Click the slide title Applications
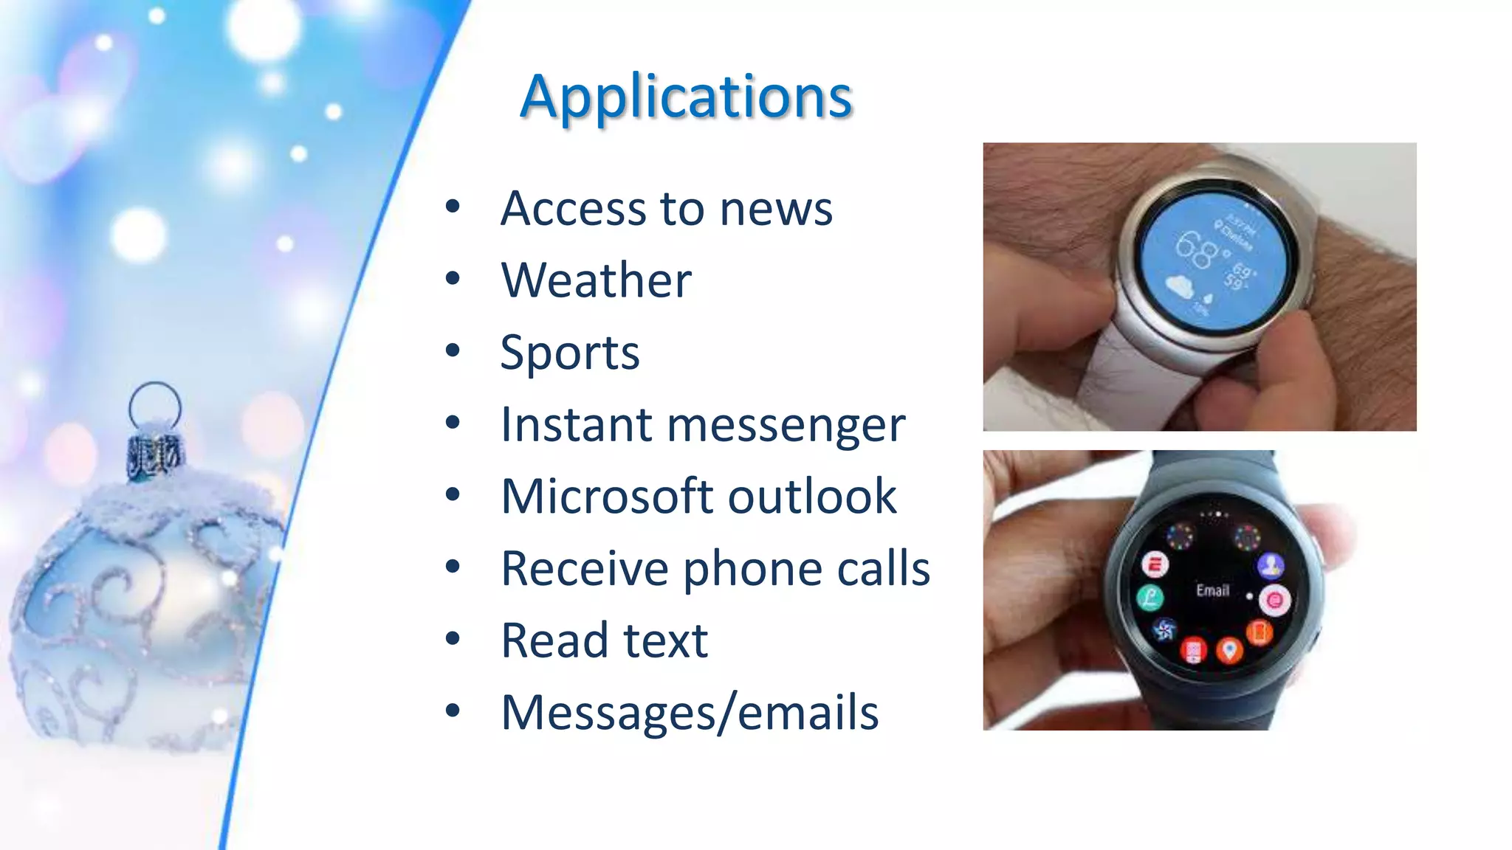pos(686,97)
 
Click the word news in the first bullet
pos(776,209)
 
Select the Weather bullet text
pos(596,280)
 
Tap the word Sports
pos(569,353)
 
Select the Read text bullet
pos(604,640)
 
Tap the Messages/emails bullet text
pos(690,713)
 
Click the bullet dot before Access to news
pos(453,207)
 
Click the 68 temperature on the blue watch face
pos(1195,249)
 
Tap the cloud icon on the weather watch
pos(1180,287)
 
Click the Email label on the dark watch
pos(1212,590)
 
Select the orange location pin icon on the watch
pos(1229,650)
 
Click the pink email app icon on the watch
pos(1274,600)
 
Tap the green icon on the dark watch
pos(1150,598)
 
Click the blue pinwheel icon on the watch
pos(1164,629)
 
